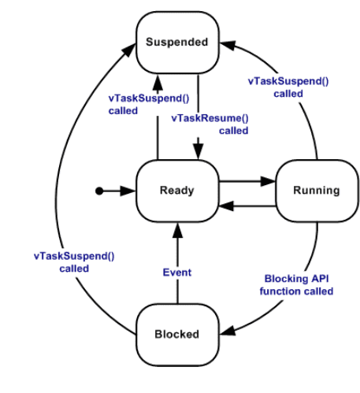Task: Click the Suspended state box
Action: pos(177,43)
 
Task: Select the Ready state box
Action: pos(177,191)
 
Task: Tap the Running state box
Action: pos(317,191)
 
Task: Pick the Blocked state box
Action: pos(177,335)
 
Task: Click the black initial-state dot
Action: pos(99,191)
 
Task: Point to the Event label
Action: pos(177,273)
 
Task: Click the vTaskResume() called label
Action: pos(210,124)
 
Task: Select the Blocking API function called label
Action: pos(296,285)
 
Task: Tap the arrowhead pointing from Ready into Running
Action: pos(268,181)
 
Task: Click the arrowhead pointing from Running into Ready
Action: pos(226,206)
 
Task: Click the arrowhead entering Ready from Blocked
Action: pos(177,231)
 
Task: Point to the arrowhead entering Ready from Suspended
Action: pos(199,151)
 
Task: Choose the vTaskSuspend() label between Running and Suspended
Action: pos(288,87)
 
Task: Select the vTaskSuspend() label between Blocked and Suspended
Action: pos(74,262)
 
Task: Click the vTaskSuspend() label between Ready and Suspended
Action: pos(149,105)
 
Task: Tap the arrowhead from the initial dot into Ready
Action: pos(128,191)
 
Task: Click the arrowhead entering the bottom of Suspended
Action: pos(158,82)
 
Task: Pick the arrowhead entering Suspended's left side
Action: pos(129,50)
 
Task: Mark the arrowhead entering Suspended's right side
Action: pos(228,45)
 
